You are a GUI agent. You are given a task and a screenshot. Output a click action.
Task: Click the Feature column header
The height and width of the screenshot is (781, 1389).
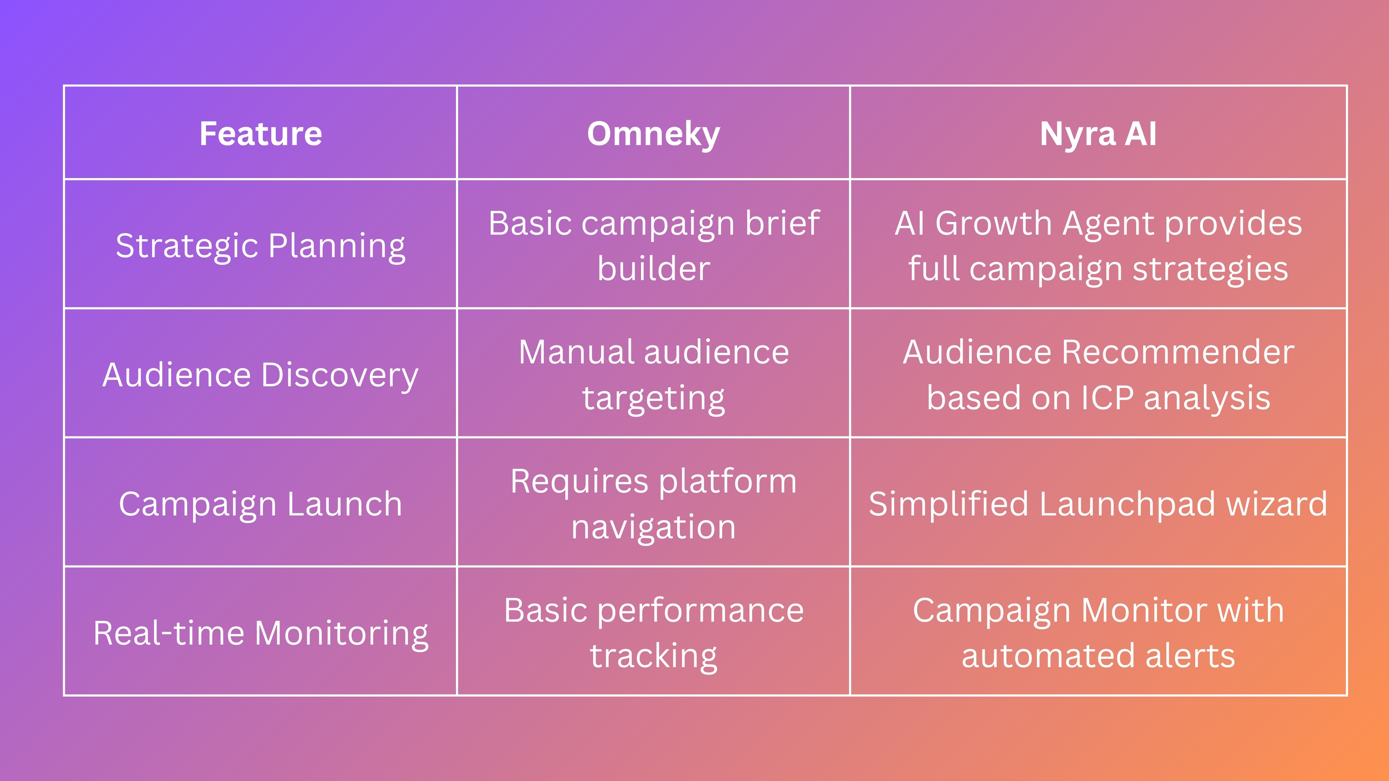260,133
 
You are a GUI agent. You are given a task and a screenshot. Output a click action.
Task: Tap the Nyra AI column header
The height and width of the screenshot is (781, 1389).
1098,133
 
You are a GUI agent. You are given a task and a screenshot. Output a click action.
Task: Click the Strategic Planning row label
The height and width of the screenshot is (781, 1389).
260,245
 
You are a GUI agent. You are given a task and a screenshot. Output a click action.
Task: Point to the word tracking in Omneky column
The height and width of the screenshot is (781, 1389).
654,656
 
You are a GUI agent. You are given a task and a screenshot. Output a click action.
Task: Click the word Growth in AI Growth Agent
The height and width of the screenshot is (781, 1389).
993,223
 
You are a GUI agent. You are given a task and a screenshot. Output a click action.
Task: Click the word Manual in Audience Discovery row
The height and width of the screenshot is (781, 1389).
576,352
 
